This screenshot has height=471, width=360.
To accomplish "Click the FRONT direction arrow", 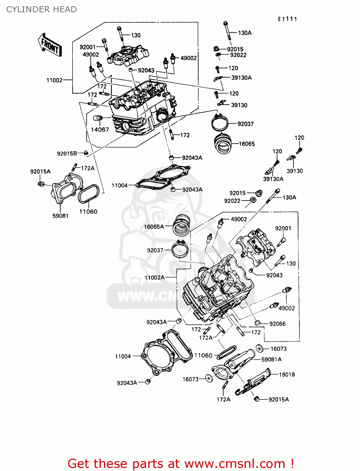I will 50,45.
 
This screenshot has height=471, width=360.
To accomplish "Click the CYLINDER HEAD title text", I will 41,9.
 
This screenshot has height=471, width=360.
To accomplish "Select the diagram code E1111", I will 287,19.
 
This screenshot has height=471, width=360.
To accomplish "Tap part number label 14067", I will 100,130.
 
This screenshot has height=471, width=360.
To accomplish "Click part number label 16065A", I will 154,227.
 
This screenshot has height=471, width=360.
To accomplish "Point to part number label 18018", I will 287,375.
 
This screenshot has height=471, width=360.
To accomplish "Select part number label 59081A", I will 271,359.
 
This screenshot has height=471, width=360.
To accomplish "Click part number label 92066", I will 277,324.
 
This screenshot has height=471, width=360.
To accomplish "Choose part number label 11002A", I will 155,278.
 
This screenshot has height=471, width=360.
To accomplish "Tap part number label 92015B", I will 67,154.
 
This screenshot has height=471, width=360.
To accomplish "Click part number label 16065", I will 247,144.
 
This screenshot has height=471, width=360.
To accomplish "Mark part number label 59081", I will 60,216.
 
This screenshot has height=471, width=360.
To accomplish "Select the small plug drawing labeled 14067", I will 98,118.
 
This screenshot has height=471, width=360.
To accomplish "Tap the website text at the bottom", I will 181,463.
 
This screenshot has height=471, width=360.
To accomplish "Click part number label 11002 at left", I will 54,80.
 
